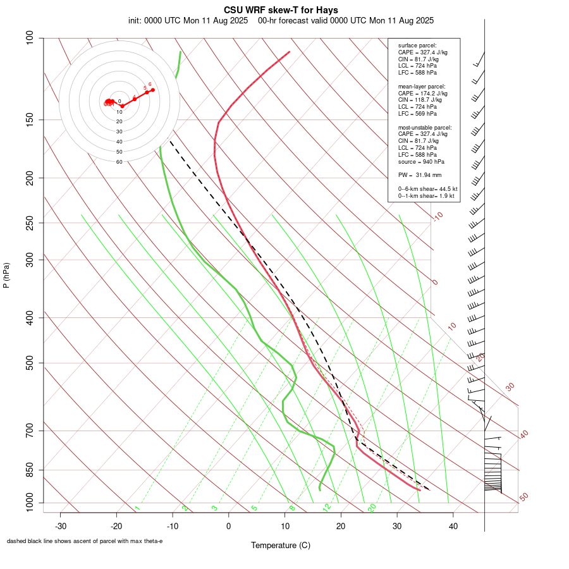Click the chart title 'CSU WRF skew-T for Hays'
281,10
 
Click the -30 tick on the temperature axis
61,525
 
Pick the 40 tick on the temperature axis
453,525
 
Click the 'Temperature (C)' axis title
281,545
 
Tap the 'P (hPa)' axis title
6,275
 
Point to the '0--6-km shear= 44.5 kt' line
427,189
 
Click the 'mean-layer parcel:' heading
422,86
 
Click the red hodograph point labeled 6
152,90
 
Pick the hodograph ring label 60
119,162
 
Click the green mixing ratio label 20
372,508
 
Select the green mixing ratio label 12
327,508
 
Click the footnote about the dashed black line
85,541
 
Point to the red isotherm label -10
437,216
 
